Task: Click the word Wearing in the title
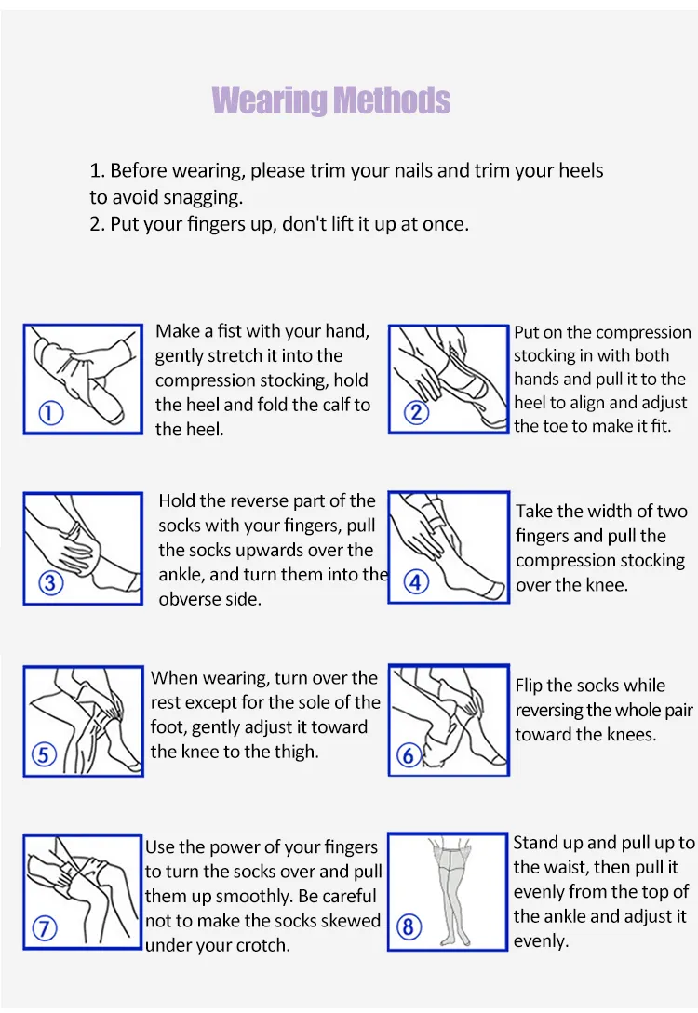(x=270, y=100)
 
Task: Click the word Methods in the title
(x=392, y=100)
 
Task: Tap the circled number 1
(x=51, y=413)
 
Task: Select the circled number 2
(x=416, y=412)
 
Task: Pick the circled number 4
(x=416, y=582)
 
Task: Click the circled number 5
(x=44, y=754)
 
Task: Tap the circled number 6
(x=409, y=754)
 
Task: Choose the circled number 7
(x=44, y=928)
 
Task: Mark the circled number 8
(x=409, y=927)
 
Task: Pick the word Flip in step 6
(x=529, y=686)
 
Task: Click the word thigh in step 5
(x=296, y=752)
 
